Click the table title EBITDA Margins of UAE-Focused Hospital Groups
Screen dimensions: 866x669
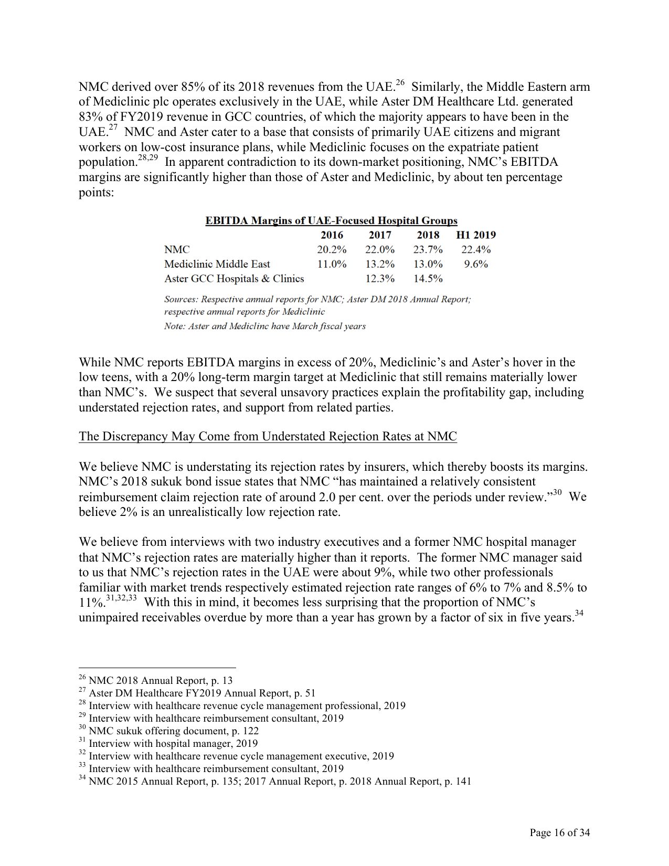[x=331, y=221]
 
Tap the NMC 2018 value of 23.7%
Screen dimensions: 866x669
[x=428, y=250]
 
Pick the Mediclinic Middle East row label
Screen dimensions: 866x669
[x=217, y=264]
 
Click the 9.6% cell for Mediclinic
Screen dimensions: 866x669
[x=475, y=264]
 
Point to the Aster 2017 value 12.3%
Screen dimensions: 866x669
[x=380, y=279]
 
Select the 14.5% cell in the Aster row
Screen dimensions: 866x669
[x=428, y=279]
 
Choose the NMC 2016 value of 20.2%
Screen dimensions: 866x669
[x=332, y=250]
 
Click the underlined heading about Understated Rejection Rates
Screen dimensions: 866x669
[x=268, y=437]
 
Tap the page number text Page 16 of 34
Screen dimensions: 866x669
[x=559, y=832]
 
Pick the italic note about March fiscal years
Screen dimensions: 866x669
[x=264, y=326]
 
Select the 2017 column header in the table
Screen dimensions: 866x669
[x=380, y=235]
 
